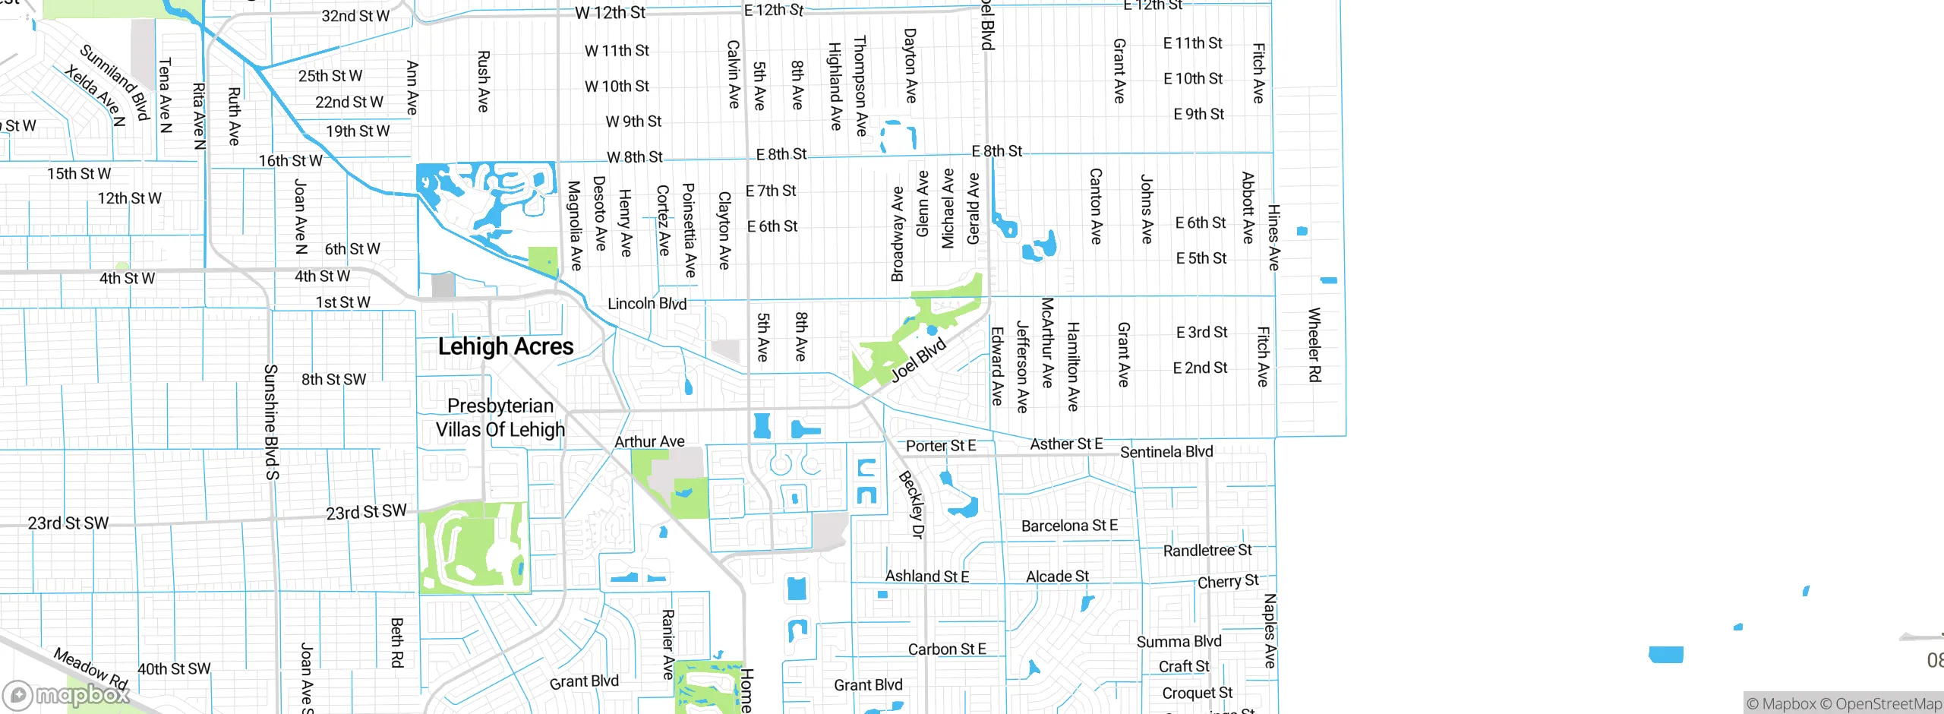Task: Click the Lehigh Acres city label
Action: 506,346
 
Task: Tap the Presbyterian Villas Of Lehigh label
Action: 500,418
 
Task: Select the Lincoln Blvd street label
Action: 647,304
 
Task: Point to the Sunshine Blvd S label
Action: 271,422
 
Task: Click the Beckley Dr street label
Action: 911,504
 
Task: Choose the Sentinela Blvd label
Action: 1166,452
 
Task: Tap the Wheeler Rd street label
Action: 1314,345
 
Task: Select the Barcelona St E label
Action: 1069,526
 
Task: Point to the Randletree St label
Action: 1207,550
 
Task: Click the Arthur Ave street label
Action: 649,441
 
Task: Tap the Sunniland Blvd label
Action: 115,82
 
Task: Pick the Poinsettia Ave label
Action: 689,230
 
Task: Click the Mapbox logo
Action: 66,694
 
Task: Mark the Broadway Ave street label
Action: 898,234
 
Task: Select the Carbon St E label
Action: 947,649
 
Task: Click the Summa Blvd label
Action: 1179,642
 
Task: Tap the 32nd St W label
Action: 355,16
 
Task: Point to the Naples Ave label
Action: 1269,630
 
